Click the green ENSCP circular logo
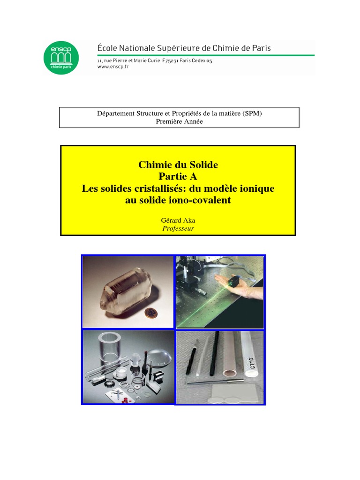[x=61, y=58]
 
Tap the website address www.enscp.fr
[x=113, y=67]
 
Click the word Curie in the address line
[x=154, y=60]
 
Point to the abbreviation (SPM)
[x=252, y=113]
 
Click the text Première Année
[x=180, y=121]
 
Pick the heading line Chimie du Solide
[x=178, y=165]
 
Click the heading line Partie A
[x=178, y=176]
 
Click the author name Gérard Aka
[x=178, y=220]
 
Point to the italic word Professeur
[x=178, y=228]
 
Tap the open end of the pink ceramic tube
[x=229, y=373]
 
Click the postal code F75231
[x=170, y=60]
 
